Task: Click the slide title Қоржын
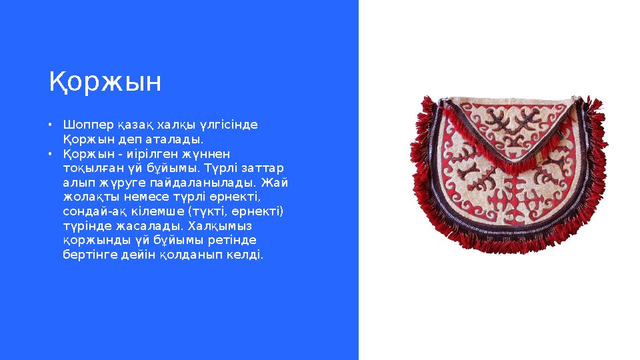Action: click(x=105, y=83)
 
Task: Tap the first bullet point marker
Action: click(x=50, y=125)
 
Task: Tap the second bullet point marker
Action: click(x=50, y=153)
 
